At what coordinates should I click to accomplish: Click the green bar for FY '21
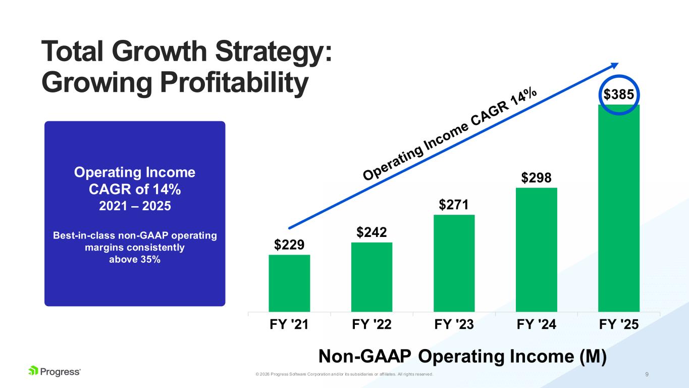(289, 283)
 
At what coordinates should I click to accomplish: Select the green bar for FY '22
(372, 277)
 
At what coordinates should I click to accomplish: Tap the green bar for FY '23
(454, 263)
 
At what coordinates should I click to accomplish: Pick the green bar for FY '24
(536, 250)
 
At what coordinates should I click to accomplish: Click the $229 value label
(289, 245)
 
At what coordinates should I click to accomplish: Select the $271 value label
(454, 205)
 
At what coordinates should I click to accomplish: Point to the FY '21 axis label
(289, 325)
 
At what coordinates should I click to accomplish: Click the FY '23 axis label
(454, 325)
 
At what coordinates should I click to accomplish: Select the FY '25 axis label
(619, 325)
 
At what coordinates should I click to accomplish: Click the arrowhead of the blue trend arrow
(615, 65)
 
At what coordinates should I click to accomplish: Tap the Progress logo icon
(33, 371)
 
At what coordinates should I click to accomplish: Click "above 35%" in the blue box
(135, 260)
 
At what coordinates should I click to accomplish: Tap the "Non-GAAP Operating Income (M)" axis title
(462, 357)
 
